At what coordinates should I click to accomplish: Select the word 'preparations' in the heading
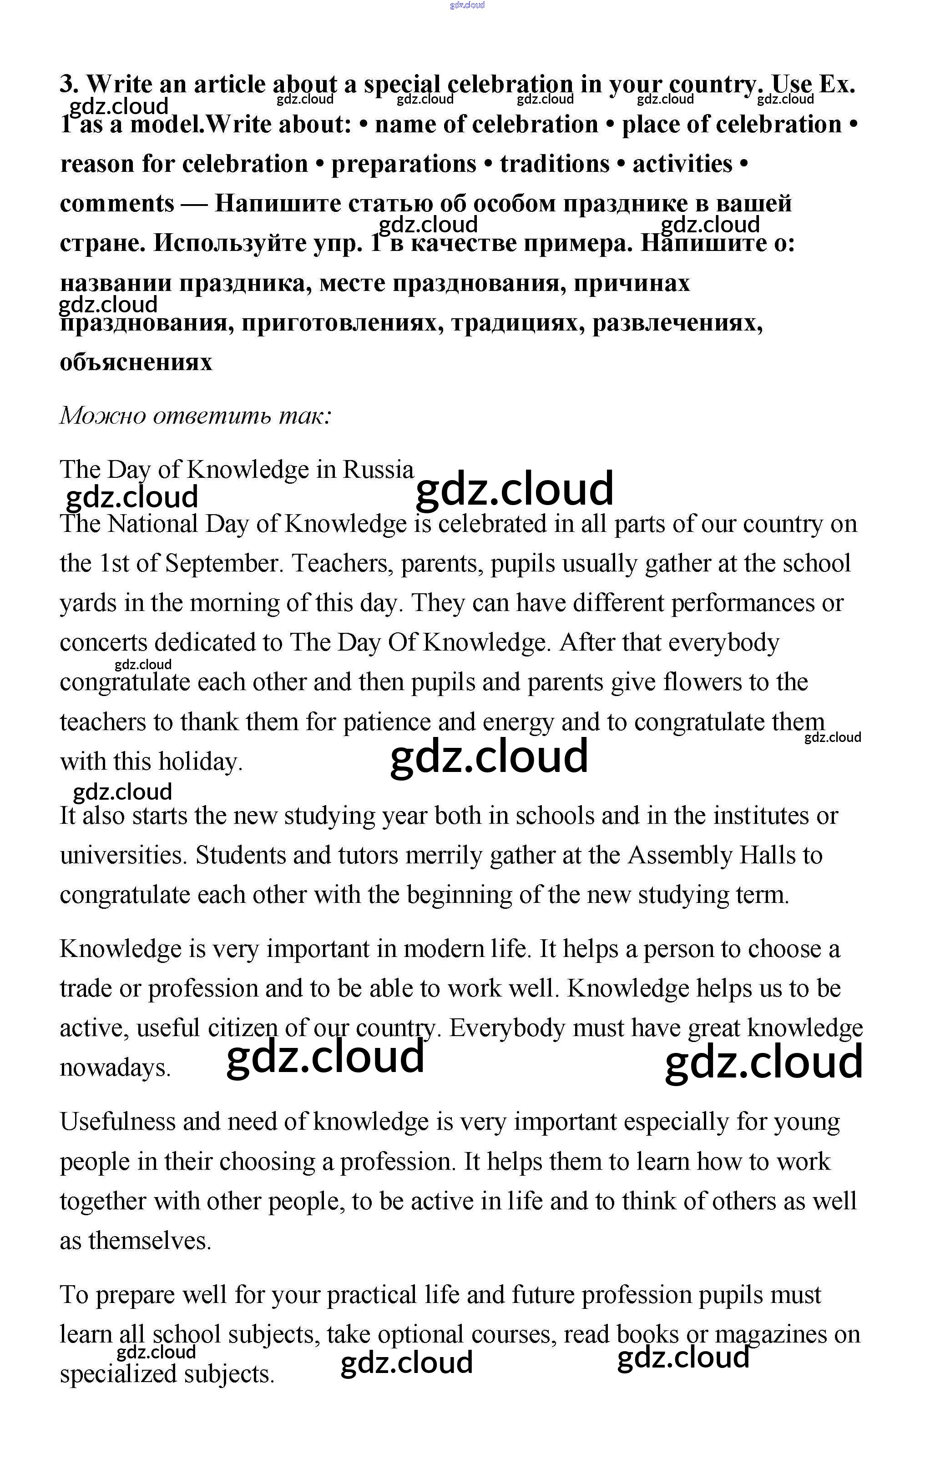[404, 164]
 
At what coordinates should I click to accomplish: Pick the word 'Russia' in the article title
[378, 470]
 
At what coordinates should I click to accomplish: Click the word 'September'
[221, 564]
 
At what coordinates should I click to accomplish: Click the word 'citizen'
[243, 1028]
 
